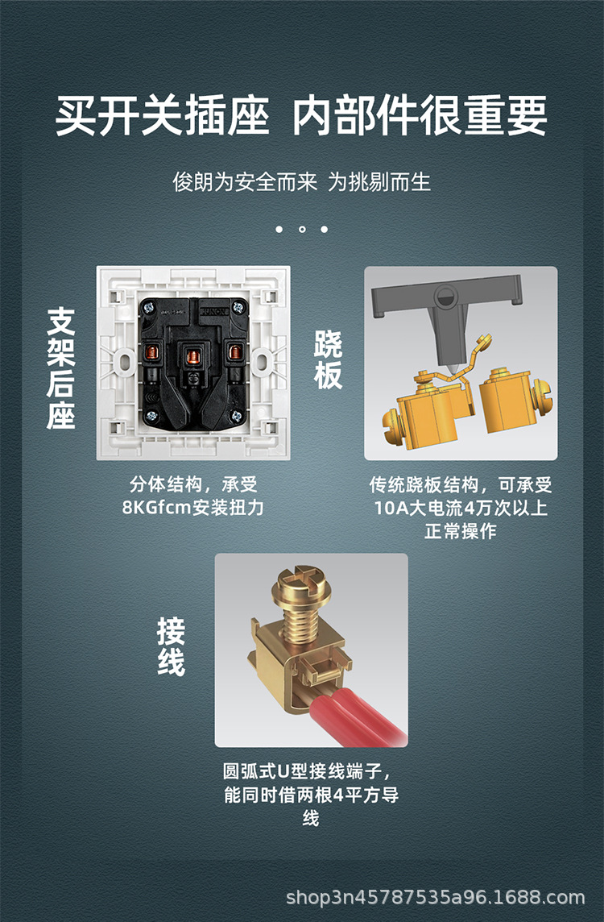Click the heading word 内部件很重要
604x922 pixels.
click(420, 116)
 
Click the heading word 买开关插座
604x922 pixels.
click(162, 116)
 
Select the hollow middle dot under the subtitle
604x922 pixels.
click(302, 230)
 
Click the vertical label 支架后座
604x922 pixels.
click(61, 368)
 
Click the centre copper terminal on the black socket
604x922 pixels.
click(192, 353)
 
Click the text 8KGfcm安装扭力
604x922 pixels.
click(193, 508)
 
